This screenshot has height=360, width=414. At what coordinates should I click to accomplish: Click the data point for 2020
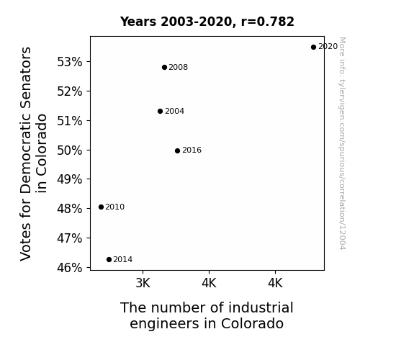coord(313,48)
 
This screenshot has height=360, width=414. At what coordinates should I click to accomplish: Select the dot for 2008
coord(164,68)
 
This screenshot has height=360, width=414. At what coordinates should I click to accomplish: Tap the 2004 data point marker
coord(161,111)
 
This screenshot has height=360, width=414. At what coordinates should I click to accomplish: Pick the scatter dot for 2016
coord(177,150)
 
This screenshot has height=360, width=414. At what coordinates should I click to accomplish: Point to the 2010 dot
coord(101,207)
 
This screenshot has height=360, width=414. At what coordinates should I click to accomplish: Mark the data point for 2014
coord(109,260)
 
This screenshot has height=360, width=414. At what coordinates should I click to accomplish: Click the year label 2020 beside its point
coord(328,47)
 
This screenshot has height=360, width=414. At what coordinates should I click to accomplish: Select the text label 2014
coord(123,259)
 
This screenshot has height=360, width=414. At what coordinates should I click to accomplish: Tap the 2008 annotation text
coord(179,68)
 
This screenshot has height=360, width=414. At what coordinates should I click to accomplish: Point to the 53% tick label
coord(70,62)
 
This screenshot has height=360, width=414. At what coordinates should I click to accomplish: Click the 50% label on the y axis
coord(70,150)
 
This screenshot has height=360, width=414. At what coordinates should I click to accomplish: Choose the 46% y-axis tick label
coord(70,268)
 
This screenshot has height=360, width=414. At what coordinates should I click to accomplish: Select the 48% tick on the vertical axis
coord(70,209)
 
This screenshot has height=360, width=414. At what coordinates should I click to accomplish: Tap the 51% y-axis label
coord(70,121)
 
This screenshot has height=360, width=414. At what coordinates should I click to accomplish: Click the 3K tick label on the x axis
coord(143,283)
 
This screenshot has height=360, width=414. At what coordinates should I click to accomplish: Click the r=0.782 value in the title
coord(267,22)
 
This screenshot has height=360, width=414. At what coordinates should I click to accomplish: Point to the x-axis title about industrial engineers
coord(207,315)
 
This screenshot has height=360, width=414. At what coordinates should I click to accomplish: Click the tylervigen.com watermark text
coord(342,143)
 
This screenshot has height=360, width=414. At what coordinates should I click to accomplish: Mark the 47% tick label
coord(70,238)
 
